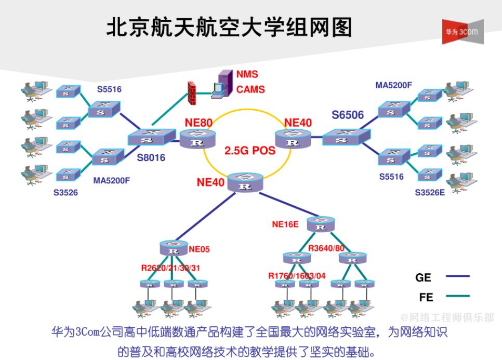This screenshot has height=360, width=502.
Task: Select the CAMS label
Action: [x=250, y=89]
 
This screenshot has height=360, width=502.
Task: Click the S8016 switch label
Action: [x=151, y=157]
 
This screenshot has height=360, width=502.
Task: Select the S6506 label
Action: [x=348, y=115]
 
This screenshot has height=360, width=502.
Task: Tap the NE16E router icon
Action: [x=321, y=224]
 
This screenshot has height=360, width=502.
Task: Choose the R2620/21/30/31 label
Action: [x=170, y=268]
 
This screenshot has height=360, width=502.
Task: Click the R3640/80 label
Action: [x=326, y=248]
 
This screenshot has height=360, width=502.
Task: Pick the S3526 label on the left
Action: [x=65, y=193]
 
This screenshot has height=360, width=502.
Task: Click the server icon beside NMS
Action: [x=222, y=83]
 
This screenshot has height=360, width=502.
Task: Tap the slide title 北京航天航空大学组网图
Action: [x=229, y=27]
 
